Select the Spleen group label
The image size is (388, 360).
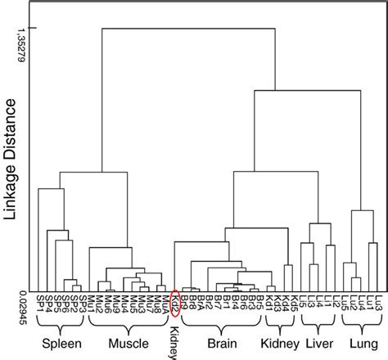[60, 342]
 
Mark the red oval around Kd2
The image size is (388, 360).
[174, 303]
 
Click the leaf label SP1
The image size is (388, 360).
[42, 303]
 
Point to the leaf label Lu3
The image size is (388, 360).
[377, 303]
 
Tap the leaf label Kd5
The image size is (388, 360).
[288, 303]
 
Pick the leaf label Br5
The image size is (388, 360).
[259, 303]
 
